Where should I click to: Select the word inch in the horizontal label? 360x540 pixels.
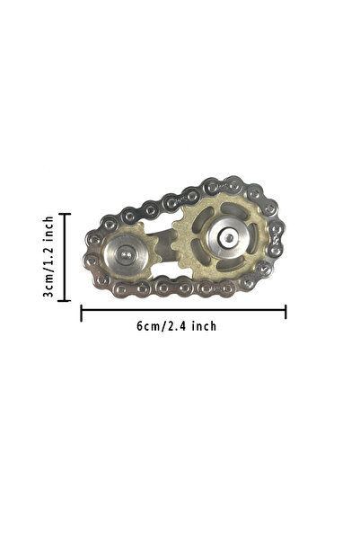(204, 325)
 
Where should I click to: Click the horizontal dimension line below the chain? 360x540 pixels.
(183, 310)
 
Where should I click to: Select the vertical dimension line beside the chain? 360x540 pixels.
(65, 257)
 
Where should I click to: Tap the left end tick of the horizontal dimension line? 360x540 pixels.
(81, 313)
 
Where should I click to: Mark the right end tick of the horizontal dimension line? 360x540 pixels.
(285, 312)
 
